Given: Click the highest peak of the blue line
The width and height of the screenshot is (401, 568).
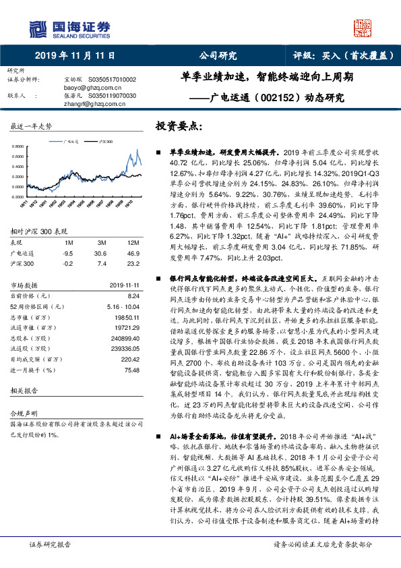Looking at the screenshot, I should [137, 150].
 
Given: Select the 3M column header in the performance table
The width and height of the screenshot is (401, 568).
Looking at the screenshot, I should [102, 242].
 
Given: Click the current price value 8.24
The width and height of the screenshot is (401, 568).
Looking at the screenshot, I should [133, 295].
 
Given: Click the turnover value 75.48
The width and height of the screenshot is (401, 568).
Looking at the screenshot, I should [131, 370].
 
